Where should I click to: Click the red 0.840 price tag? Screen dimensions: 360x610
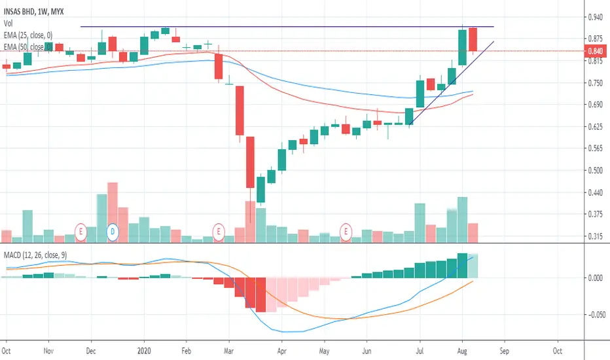[x=595, y=50]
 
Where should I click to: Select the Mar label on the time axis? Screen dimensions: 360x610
[x=228, y=350]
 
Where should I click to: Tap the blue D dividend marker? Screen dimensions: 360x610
[x=112, y=231]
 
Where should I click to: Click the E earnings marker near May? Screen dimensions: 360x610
[x=345, y=230]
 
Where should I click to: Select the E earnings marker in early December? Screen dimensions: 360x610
[x=81, y=231]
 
